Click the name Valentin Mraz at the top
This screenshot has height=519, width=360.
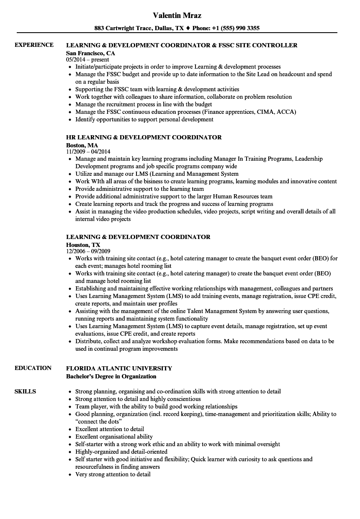[177, 15]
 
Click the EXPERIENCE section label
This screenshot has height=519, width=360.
[34, 45]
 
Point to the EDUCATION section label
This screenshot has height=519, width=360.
[33, 368]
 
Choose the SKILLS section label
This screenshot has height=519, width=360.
[25, 392]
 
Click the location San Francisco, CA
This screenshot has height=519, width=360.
[90, 53]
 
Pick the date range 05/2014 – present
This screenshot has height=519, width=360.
[87, 60]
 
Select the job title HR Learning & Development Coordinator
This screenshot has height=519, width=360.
[144, 137]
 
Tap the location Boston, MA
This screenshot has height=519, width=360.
[82, 145]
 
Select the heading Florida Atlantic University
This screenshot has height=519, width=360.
[119, 368]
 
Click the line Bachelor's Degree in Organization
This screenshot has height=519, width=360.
[111, 376]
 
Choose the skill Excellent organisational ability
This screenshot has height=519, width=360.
[114, 437]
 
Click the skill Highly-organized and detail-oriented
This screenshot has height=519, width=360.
[121, 452]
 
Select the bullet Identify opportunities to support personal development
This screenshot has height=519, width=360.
[144, 119]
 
